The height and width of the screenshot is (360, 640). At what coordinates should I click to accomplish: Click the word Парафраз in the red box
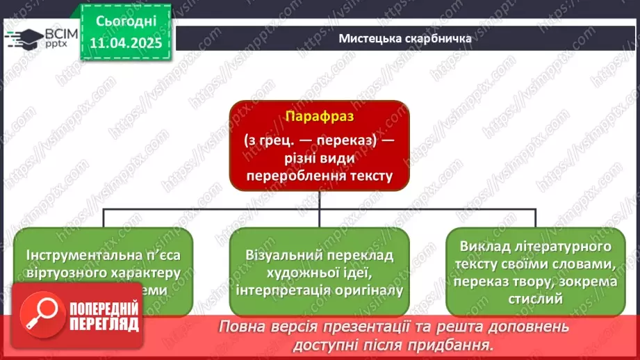pyautogui.click(x=319, y=118)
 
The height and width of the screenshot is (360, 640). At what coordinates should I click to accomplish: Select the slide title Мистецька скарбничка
pyautogui.click(x=405, y=38)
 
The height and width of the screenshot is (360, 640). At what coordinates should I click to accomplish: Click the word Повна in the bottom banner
pyautogui.click(x=243, y=327)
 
